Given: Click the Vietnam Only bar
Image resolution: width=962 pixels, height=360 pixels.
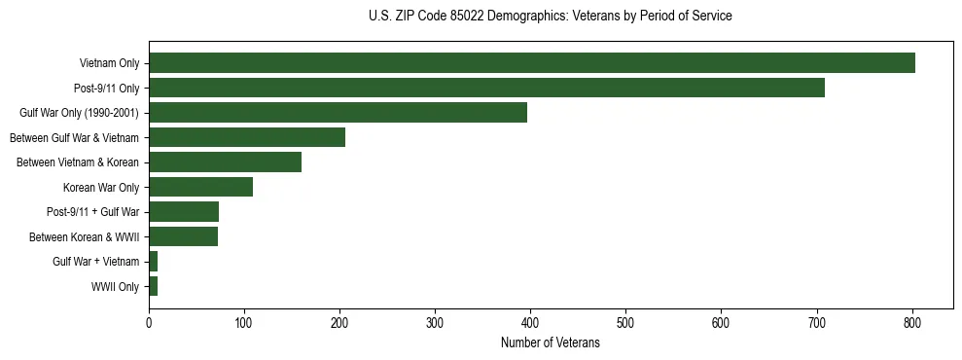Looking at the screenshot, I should [531, 63].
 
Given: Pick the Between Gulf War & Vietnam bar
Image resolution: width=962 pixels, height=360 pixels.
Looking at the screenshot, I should [247, 137].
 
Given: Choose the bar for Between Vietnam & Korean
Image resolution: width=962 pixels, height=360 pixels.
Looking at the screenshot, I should [225, 162].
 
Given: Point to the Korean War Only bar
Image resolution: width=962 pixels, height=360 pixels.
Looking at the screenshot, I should [200, 187].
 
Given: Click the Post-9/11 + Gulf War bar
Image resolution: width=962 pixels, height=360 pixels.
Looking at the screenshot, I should [184, 212].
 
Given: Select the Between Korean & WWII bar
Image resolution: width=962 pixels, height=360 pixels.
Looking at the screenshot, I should [183, 236].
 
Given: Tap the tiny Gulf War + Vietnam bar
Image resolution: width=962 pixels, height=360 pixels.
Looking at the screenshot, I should [153, 262].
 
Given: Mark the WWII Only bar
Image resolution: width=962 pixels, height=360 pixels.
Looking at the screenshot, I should [153, 286].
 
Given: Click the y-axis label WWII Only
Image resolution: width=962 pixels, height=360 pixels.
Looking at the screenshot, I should [115, 287].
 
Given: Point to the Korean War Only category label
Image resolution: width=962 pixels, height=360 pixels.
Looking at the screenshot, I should [101, 188].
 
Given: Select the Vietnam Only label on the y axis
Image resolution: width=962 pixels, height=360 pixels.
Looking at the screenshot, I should [109, 64].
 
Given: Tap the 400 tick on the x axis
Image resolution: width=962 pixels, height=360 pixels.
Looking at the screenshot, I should [530, 322].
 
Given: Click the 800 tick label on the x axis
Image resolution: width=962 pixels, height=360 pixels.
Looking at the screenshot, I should [912, 322].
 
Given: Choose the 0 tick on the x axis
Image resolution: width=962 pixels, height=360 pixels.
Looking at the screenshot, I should [149, 322].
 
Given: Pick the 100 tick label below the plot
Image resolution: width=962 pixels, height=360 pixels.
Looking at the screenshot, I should [244, 322].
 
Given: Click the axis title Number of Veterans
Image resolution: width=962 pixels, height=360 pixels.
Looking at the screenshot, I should [550, 342].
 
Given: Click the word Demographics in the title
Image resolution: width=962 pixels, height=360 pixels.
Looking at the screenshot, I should [516, 17].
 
